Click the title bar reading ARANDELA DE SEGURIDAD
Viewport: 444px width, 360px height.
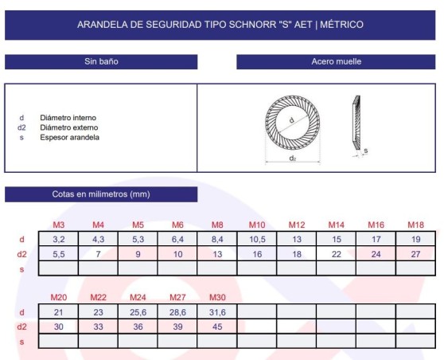point(220,25)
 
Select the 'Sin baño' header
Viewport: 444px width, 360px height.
point(101,61)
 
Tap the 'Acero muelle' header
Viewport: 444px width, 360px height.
point(337,61)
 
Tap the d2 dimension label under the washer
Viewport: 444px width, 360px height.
point(293,158)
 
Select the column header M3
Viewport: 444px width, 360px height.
point(58,225)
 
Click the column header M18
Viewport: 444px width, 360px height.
point(415,225)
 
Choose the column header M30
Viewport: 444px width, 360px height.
point(217,298)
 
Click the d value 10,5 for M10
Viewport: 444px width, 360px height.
point(257,239)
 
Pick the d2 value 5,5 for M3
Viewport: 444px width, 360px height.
point(58,254)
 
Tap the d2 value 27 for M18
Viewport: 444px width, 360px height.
point(415,254)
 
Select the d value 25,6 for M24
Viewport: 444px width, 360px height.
point(138,311)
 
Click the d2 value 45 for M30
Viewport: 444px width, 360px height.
point(217,327)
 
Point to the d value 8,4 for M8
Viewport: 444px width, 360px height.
point(217,239)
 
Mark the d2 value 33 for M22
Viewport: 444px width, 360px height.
point(98,327)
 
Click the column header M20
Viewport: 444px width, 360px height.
point(58,298)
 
